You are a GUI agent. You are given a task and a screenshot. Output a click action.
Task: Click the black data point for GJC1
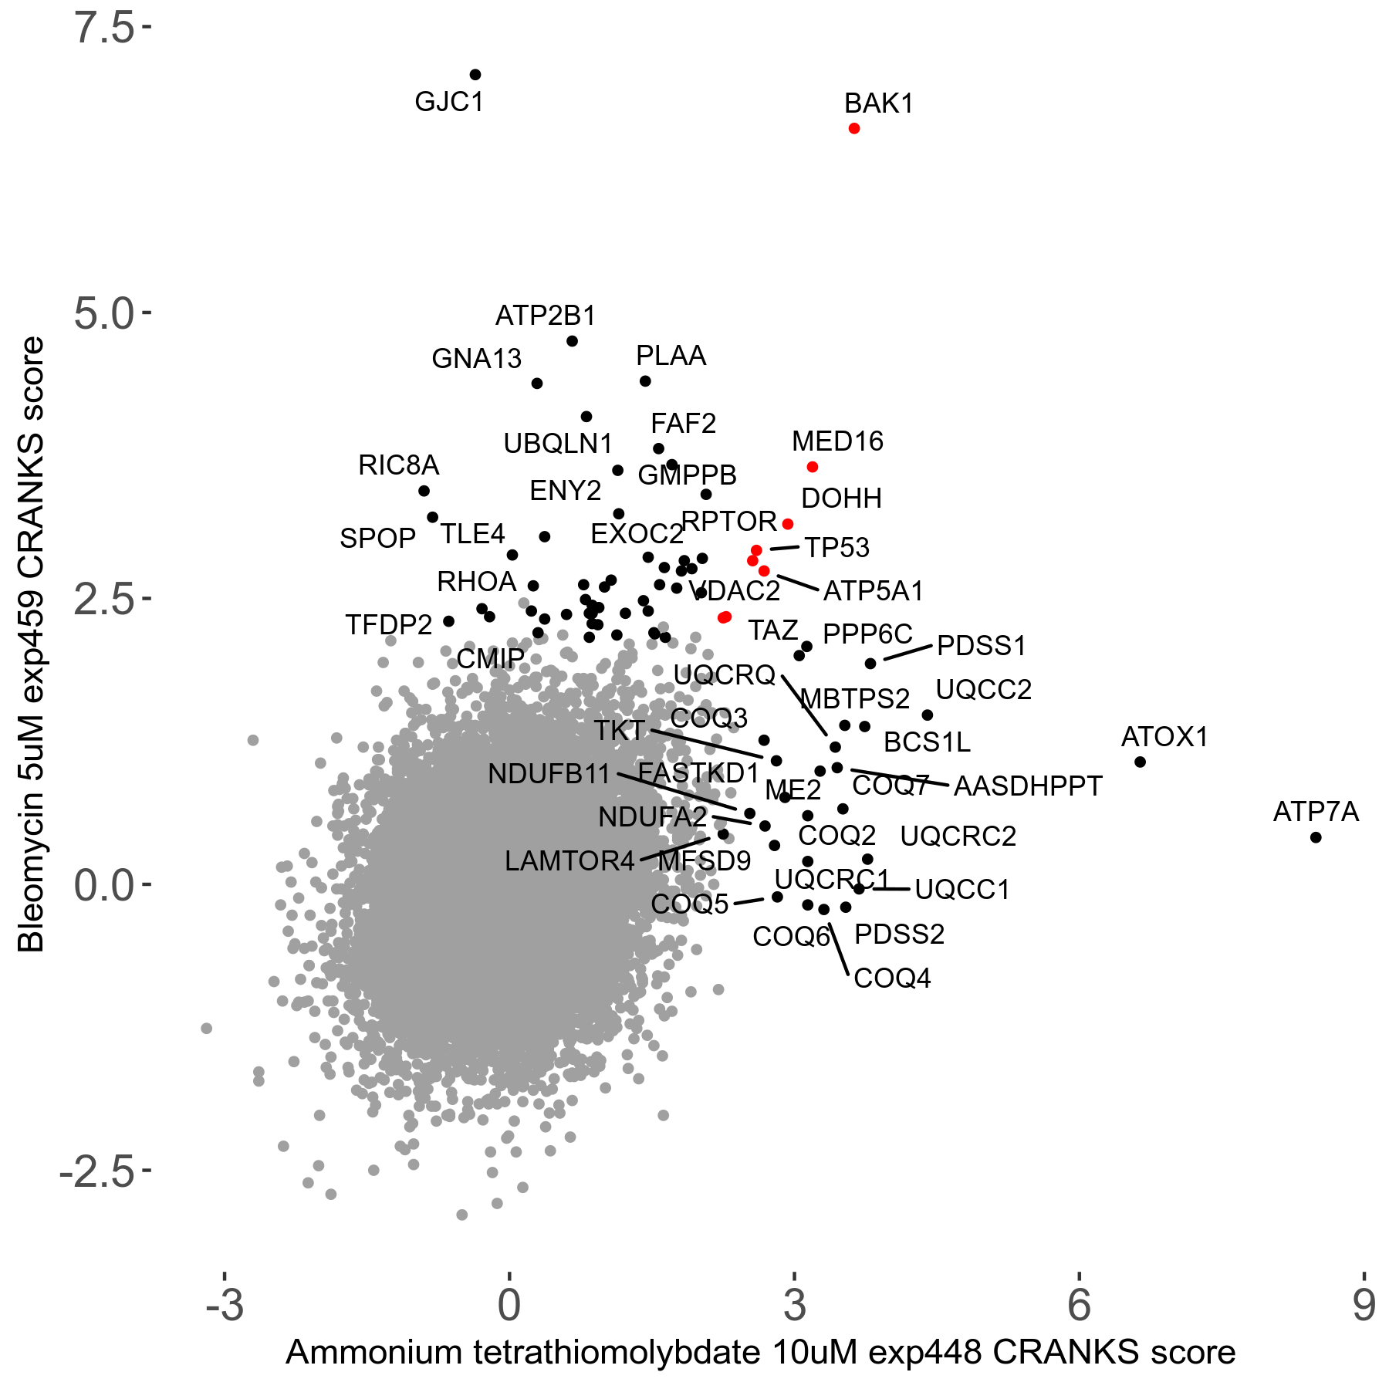475,75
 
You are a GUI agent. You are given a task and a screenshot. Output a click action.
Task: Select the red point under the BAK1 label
853,128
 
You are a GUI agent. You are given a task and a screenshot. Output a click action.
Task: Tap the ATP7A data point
1316,837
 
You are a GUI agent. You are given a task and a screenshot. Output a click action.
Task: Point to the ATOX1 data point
1140,762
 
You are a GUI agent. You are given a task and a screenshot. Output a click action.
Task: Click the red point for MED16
812,467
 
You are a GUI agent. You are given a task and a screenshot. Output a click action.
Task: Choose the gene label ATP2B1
546,316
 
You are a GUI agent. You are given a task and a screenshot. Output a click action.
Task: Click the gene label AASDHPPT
1028,786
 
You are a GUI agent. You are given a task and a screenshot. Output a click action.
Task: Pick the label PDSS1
982,646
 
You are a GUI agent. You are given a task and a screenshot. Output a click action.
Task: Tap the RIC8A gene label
398,465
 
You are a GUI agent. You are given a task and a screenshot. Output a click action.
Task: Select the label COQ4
892,978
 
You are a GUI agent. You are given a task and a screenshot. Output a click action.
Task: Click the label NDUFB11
549,773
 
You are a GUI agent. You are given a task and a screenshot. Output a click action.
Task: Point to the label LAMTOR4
569,861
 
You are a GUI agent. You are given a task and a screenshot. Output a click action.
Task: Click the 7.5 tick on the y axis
105,29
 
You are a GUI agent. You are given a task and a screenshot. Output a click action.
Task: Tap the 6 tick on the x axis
1079,1305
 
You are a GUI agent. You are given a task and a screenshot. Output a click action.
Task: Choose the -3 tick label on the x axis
225,1305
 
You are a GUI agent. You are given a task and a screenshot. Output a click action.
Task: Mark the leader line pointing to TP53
784,548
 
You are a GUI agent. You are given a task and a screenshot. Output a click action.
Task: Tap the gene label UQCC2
983,690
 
